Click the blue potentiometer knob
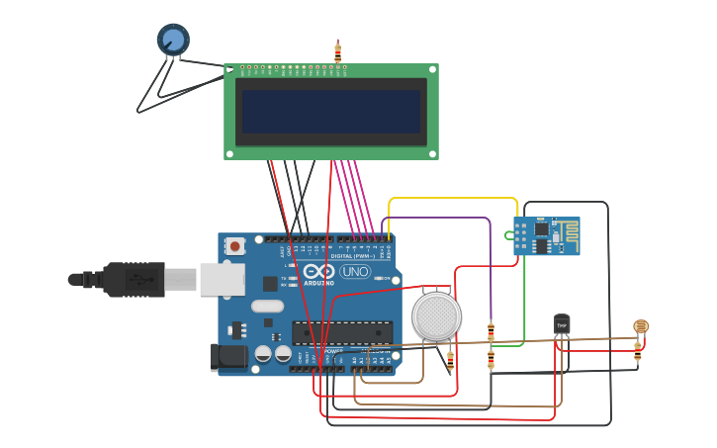pyautogui.click(x=173, y=39)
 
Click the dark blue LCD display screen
pyautogui.click(x=331, y=112)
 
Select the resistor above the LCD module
pyautogui.click(x=338, y=52)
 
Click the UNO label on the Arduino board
pyautogui.click(x=354, y=271)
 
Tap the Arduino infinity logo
pyautogui.click(x=318, y=271)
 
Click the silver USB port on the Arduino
pyautogui.click(x=222, y=280)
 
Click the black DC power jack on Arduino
pyautogui.click(x=228, y=357)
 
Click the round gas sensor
pyautogui.click(x=437, y=316)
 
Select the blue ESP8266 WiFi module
pyautogui.click(x=546, y=236)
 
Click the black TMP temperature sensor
pyautogui.click(x=562, y=324)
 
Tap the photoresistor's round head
pyautogui.click(x=641, y=325)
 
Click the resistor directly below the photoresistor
pyautogui.click(x=638, y=348)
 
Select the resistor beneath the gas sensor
pyautogui.click(x=451, y=361)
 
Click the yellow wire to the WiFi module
pyautogui.click(x=453, y=199)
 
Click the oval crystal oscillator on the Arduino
pyautogui.click(x=267, y=307)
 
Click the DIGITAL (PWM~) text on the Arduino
pyautogui.click(x=352, y=255)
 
